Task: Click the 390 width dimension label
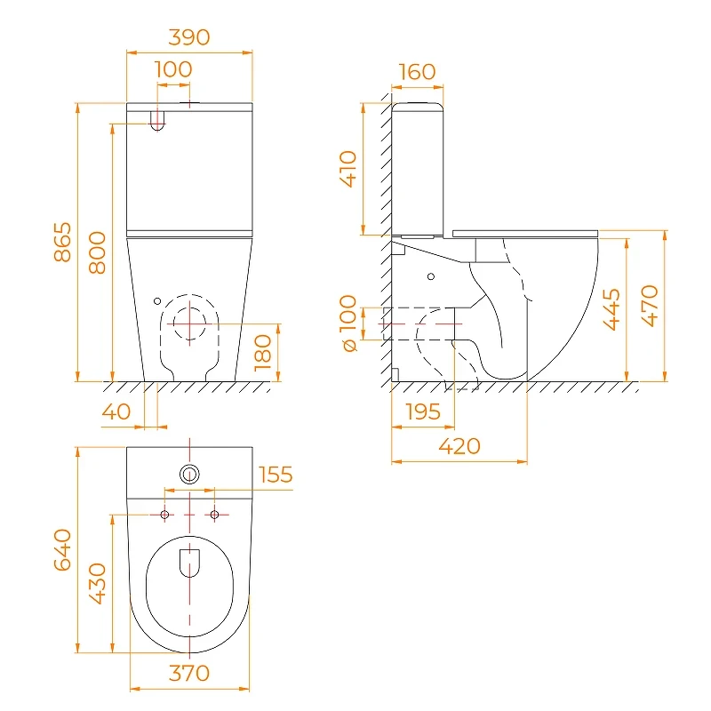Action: click(x=189, y=37)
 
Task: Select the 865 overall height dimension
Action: click(x=62, y=242)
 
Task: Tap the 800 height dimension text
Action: click(x=98, y=252)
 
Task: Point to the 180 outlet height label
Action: click(x=263, y=353)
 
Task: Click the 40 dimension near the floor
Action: click(x=116, y=411)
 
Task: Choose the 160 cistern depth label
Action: click(x=417, y=72)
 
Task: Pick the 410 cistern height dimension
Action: click(x=348, y=169)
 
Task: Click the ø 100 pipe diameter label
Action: click(x=348, y=324)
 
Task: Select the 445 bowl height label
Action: click(x=611, y=309)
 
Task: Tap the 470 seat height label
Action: click(x=650, y=306)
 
